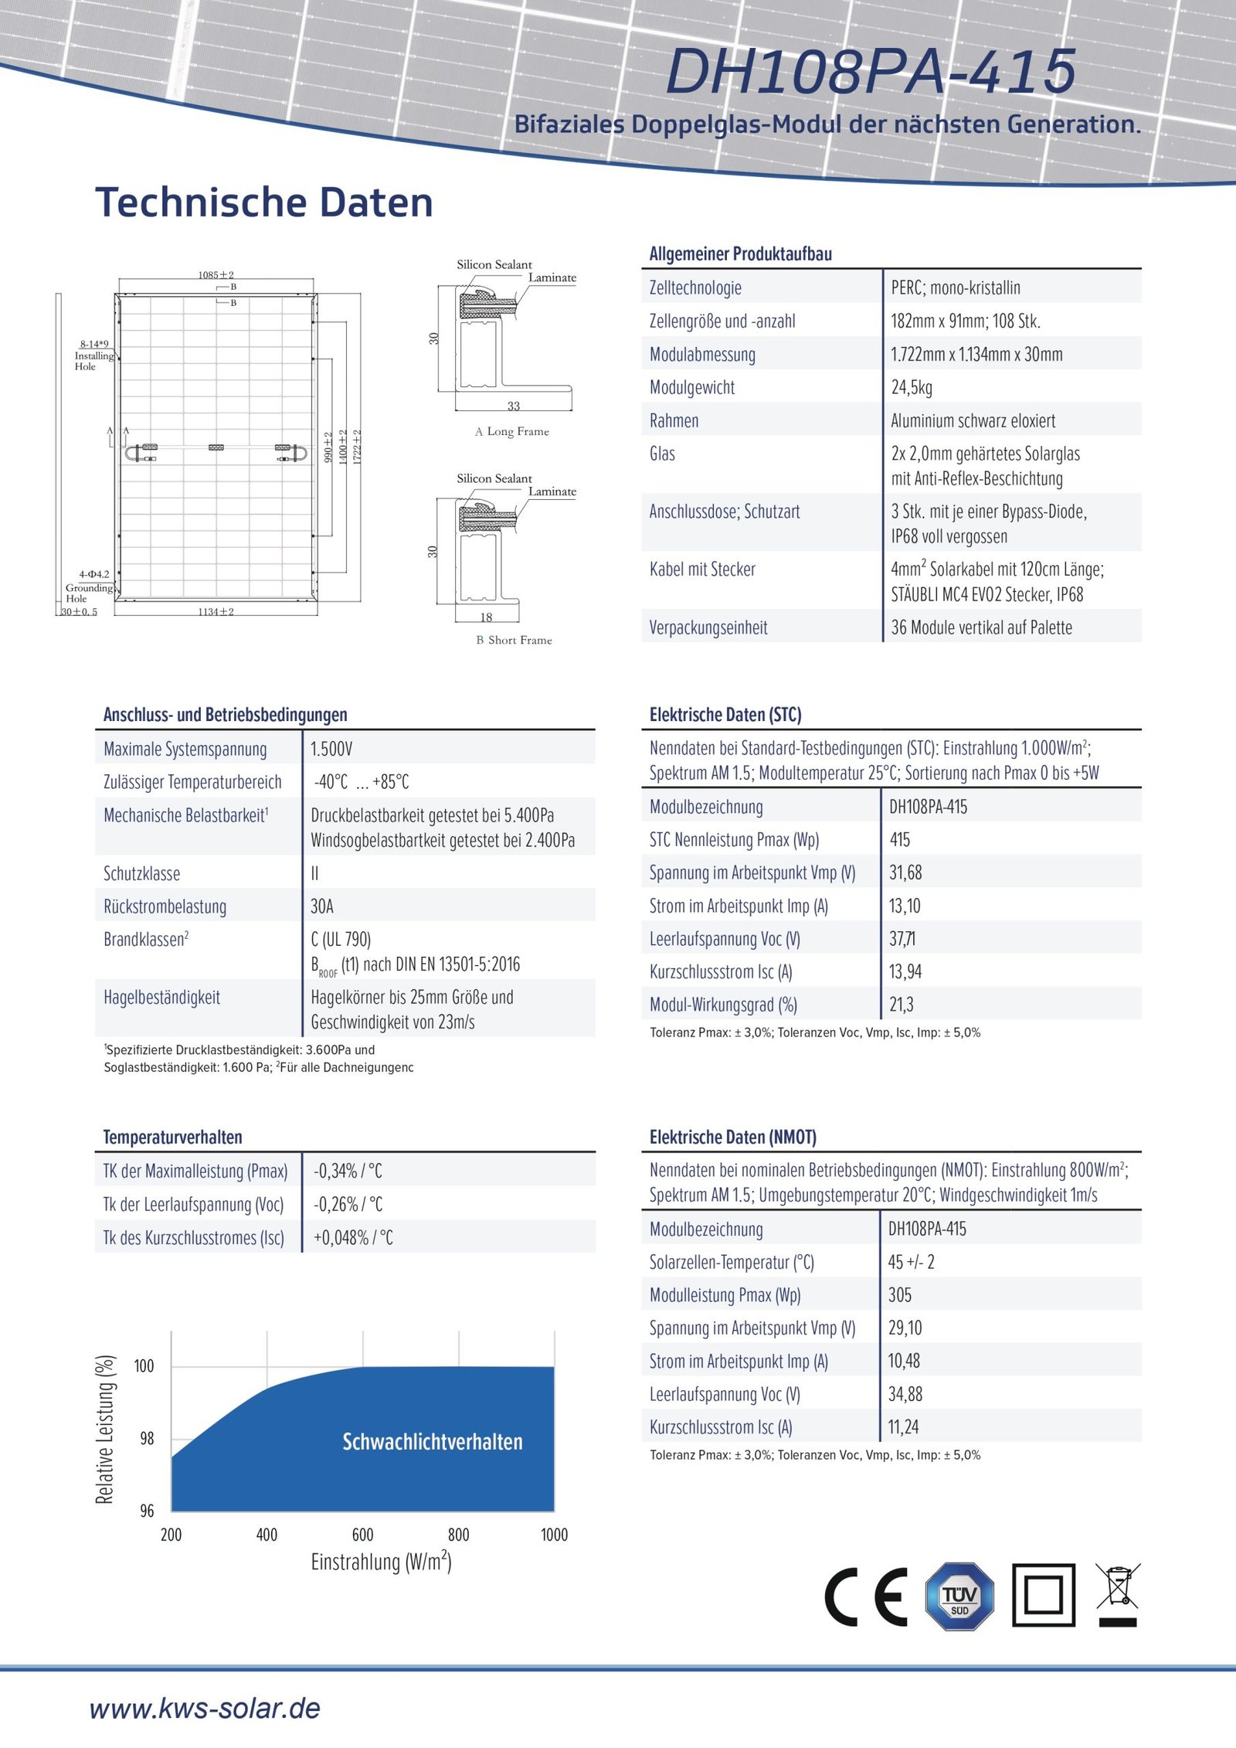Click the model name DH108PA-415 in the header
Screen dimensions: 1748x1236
(871, 72)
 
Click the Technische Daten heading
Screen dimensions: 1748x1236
(264, 202)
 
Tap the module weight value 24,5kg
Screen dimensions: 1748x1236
(912, 387)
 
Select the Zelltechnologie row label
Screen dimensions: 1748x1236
(695, 287)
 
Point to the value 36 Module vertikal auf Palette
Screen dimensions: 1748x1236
(981, 627)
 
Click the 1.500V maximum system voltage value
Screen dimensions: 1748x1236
(331, 749)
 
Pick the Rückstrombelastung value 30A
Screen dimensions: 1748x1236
(322, 906)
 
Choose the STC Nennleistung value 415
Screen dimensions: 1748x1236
(900, 839)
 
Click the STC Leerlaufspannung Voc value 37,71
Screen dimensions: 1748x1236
(902, 939)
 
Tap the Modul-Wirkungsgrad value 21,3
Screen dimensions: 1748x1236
(902, 1005)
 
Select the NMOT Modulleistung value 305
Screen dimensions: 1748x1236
(900, 1294)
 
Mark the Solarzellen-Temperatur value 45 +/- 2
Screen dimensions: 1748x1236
(912, 1262)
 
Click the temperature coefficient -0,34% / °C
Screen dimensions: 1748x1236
(348, 1171)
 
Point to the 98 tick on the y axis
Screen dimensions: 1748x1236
(147, 1438)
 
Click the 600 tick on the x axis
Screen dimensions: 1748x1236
(362, 1535)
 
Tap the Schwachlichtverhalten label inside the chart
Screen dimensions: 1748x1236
(433, 1441)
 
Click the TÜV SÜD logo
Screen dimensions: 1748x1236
(959, 1597)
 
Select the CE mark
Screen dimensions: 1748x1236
(866, 1597)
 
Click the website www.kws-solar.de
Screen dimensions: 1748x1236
(205, 1709)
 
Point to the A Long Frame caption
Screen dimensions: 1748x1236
(512, 431)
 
